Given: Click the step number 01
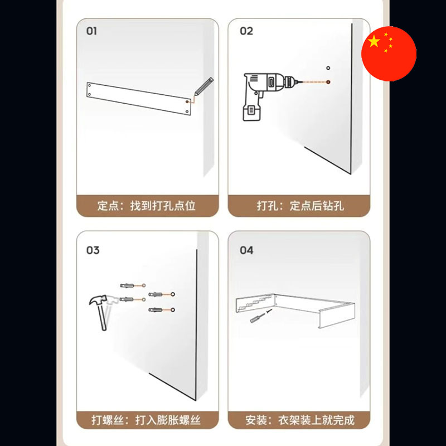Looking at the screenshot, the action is click(x=91, y=31).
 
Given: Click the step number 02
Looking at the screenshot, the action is click(x=246, y=31).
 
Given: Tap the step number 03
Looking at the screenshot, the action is click(x=93, y=250).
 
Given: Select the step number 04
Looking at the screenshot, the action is click(x=246, y=250).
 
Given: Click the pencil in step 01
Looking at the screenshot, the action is click(x=203, y=86).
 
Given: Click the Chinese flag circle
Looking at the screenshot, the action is click(x=389, y=54).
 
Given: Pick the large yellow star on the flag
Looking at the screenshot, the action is click(x=374, y=41).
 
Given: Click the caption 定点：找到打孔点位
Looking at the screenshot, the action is click(x=146, y=206).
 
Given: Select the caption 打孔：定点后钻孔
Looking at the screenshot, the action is click(x=300, y=206).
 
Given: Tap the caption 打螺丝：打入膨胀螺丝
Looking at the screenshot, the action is click(x=146, y=420).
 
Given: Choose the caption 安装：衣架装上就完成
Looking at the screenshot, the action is click(x=300, y=420).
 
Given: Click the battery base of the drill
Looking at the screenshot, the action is click(x=251, y=113).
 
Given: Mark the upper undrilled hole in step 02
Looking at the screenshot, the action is click(x=328, y=68).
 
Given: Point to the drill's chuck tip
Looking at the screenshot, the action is click(x=297, y=82).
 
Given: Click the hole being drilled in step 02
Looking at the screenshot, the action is click(x=328, y=82).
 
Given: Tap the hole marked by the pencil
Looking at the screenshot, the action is click(x=187, y=101).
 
